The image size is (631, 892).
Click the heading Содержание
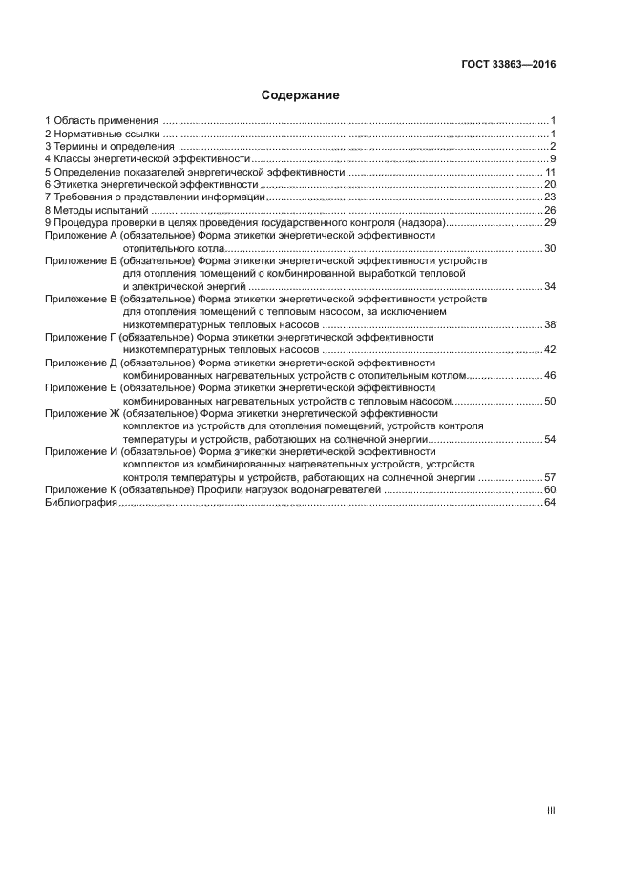(301, 95)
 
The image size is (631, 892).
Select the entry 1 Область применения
(101, 121)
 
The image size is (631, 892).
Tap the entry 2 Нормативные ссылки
(102, 134)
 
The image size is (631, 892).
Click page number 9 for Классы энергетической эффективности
(552, 158)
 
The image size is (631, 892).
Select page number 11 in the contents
(550, 172)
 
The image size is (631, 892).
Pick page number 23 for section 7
(550, 197)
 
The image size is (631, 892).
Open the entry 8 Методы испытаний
(96, 210)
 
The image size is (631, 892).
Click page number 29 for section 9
(550, 222)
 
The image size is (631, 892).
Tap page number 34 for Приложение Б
(550, 286)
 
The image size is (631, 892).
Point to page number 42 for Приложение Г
(550, 349)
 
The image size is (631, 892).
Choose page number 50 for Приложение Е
(550, 401)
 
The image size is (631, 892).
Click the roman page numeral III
(551, 810)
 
